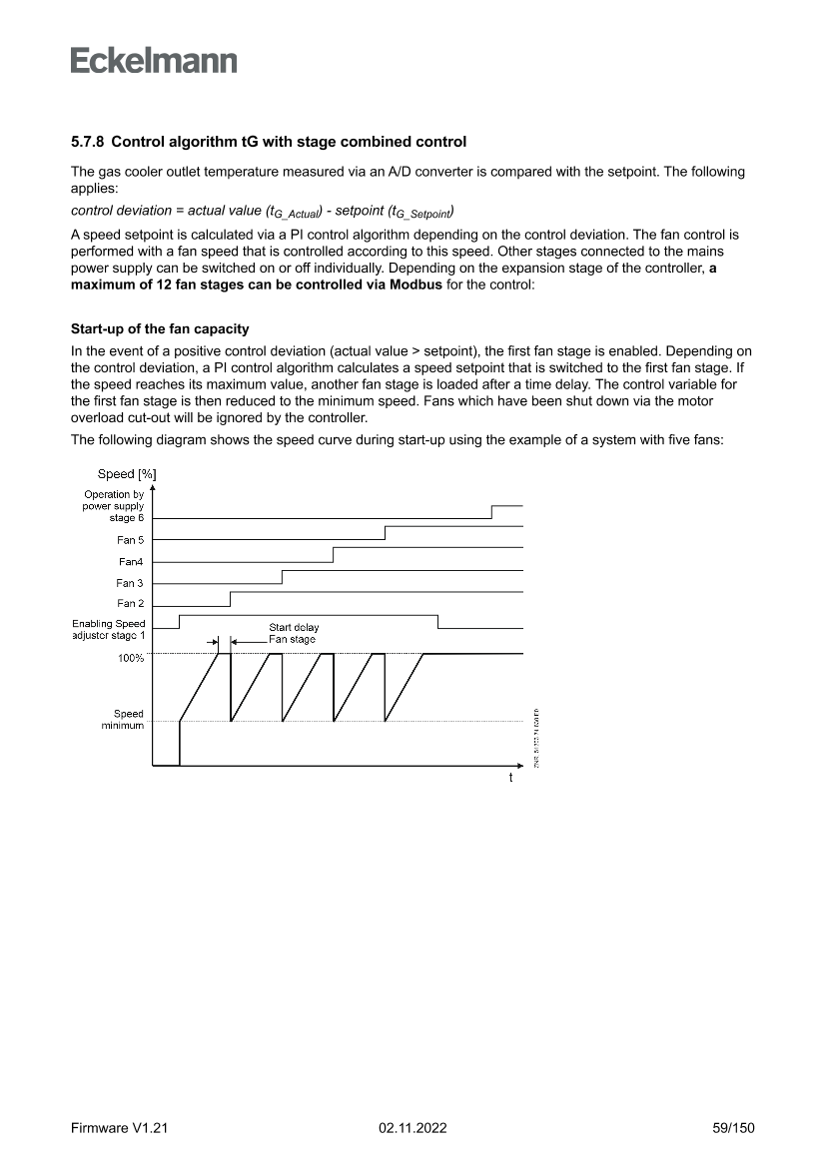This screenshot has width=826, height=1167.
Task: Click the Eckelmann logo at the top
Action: [154, 61]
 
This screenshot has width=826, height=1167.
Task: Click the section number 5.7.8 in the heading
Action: [88, 142]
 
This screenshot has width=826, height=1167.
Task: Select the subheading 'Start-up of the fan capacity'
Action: [160, 328]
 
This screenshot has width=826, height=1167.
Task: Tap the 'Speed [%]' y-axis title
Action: [126, 473]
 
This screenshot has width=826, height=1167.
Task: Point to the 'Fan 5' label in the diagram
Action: [130, 540]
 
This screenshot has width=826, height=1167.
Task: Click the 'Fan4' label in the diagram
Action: [131, 562]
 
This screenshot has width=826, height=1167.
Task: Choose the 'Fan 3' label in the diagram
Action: [130, 583]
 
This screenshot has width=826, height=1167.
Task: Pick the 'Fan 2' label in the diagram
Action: [130, 603]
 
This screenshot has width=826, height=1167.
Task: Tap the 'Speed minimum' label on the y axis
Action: [128, 720]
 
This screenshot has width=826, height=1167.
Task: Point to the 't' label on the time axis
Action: [510, 777]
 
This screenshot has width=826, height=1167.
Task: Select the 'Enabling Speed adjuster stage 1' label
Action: [108, 629]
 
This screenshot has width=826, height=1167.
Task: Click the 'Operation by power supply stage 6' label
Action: [113, 506]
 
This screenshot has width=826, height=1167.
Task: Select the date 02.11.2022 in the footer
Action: [413, 1127]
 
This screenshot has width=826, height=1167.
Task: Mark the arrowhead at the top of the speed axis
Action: [152, 488]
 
